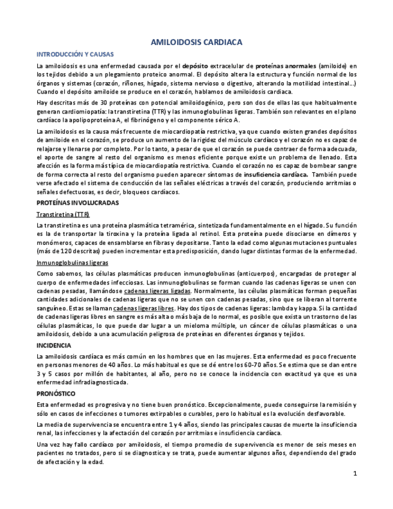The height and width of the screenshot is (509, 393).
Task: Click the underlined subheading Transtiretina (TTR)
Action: click(x=60, y=214)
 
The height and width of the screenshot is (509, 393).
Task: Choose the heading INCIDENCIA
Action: click(x=54, y=346)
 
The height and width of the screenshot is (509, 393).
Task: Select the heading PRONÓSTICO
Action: click(x=56, y=394)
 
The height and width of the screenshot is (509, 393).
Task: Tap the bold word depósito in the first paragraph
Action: click(x=196, y=65)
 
